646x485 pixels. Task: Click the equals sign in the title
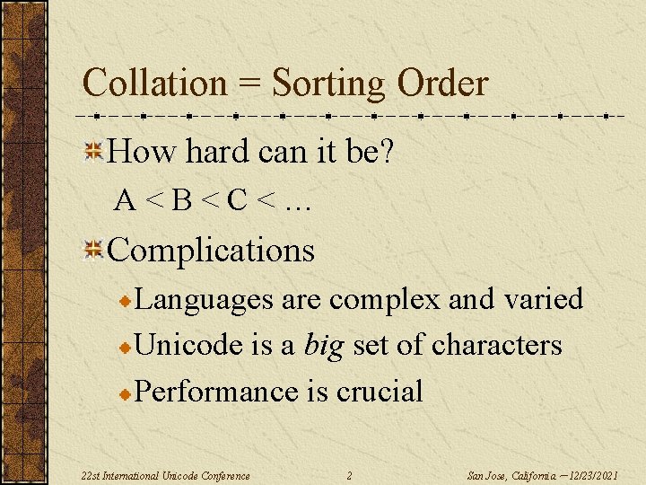pos(249,85)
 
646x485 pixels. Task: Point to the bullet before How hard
pos(93,154)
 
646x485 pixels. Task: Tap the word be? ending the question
pos(370,153)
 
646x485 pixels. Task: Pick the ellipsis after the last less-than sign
pos(296,203)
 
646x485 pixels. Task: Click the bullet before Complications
pos(93,251)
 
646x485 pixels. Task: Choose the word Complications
pos(211,251)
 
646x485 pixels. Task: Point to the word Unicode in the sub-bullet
pos(189,345)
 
